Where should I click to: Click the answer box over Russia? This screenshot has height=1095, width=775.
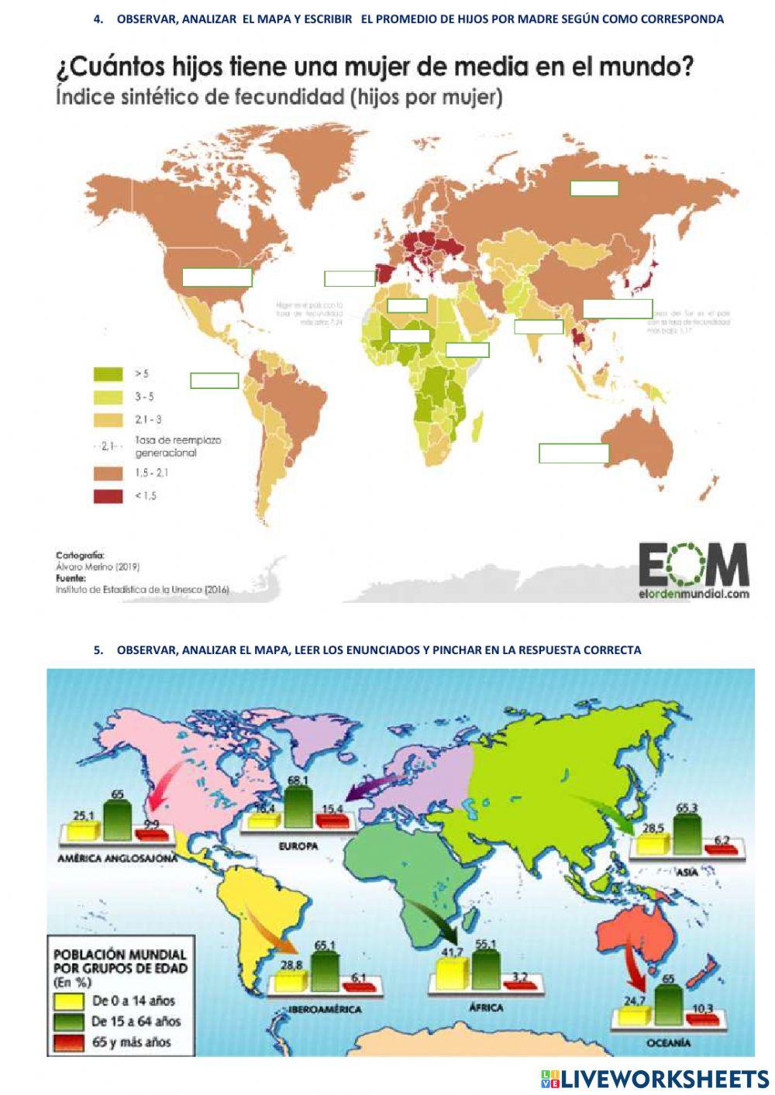pyautogui.click(x=594, y=188)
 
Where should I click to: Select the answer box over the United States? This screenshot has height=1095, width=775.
pyautogui.click(x=217, y=277)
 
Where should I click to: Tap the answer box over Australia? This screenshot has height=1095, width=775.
pyautogui.click(x=573, y=453)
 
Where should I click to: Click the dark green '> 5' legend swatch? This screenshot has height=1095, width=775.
pyautogui.click(x=108, y=374)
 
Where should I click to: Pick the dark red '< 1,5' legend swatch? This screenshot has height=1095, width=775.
pyautogui.click(x=108, y=496)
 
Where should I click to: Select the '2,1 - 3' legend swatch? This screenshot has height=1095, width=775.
pyautogui.click(x=108, y=420)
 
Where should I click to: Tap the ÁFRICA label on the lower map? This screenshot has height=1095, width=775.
pyautogui.click(x=486, y=1007)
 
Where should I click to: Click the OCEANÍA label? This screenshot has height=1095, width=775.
pyautogui.click(x=668, y=1043)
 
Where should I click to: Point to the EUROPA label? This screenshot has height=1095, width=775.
pyautogui.click(x=298, y=846)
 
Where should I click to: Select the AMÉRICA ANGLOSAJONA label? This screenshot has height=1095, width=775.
pyautogui.click(x=118, y=859)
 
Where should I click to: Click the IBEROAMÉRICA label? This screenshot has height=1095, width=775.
pyautogui.click(x=325, y=1010)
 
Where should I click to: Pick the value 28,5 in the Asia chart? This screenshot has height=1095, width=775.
pyautogui.click(x=653, y=828)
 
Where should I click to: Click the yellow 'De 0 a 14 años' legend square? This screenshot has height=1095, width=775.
pyautogui.click(x=68, y=1000)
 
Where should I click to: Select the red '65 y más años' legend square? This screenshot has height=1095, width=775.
pyautogui.click(x=68, y=1042)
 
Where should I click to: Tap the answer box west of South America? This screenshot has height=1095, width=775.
pyautogui.click(x=215, y=380)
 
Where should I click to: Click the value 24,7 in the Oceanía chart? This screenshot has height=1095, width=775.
pyautogui.click(x=635, y=1001)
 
